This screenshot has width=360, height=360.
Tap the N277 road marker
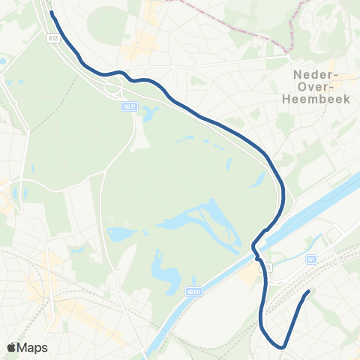point(128,108)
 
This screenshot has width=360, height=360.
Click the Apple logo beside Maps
point(11,347)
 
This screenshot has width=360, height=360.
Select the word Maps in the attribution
point(33,347)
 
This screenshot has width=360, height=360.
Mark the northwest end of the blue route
point(51,13)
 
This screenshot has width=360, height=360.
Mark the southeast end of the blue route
point(307,291)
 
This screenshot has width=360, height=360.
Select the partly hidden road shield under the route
point(266,268)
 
